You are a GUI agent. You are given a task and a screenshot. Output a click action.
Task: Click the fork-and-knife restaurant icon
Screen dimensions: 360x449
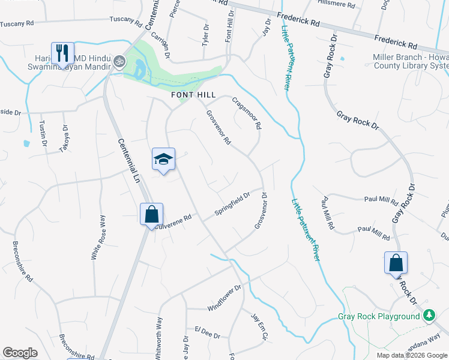(x=62, y=53)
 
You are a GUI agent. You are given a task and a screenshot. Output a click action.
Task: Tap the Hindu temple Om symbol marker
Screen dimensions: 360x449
(x=119, y=61)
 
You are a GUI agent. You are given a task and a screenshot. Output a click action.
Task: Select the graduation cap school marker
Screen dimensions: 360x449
(x=163, y=160)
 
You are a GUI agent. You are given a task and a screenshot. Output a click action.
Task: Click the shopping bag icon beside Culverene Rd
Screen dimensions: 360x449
(x=152, y=214)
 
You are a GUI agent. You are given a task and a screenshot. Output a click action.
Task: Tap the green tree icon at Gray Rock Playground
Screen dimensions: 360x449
(x=429, y=315)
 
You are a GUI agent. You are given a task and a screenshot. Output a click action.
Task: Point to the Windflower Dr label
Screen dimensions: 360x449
(x=224, y=298)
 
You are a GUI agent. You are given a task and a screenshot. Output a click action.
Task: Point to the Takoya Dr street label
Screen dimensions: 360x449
(x=64, y=139)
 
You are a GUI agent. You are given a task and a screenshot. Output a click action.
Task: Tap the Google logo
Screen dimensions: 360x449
(x=20, y=353)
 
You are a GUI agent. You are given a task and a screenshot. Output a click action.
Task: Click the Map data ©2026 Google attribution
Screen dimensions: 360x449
(x=411, y=355)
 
